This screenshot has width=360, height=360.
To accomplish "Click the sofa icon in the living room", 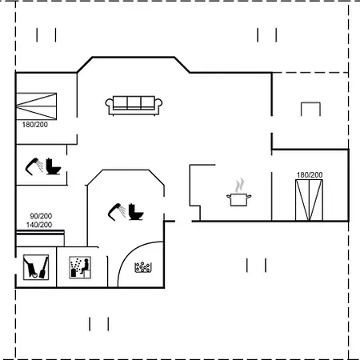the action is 134,106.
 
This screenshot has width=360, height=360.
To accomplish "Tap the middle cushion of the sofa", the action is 134,102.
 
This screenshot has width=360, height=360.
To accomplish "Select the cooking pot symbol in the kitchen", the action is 239,200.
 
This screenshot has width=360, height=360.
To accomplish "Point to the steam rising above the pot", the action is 239,186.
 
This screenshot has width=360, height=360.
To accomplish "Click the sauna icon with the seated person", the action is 80,267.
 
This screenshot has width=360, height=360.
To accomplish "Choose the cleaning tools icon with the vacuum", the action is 36,267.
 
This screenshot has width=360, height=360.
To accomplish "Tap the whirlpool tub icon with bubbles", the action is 143,267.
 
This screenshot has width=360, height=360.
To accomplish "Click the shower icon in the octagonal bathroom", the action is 117,212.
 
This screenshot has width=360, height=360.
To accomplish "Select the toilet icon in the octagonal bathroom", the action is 136,212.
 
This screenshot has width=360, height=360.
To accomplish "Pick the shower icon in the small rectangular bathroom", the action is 34,166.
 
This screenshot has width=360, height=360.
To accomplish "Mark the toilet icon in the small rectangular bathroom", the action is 54,166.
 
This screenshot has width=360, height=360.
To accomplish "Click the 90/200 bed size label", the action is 41,216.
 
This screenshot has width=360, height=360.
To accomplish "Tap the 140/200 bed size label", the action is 39,225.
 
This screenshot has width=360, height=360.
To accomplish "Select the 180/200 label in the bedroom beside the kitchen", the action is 310,175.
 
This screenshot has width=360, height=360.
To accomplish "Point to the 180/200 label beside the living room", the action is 35,125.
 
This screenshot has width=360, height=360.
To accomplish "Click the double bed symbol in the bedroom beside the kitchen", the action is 309,200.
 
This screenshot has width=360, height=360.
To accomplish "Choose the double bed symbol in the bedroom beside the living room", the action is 37,106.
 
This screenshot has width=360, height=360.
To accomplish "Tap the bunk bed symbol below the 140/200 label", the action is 40,238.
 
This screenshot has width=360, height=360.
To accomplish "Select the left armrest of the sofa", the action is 109,105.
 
